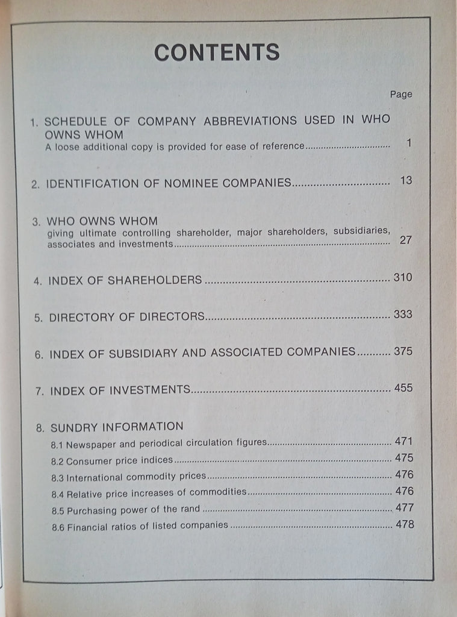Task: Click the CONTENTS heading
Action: [217, 52]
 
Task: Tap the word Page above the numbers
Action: [401, 94]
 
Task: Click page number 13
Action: [406, 180]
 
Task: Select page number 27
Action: [406, 240]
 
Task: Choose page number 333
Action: [403, 315]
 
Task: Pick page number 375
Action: [403, 351]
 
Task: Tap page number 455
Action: [403, 388]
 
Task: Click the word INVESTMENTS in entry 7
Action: [152, 390]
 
